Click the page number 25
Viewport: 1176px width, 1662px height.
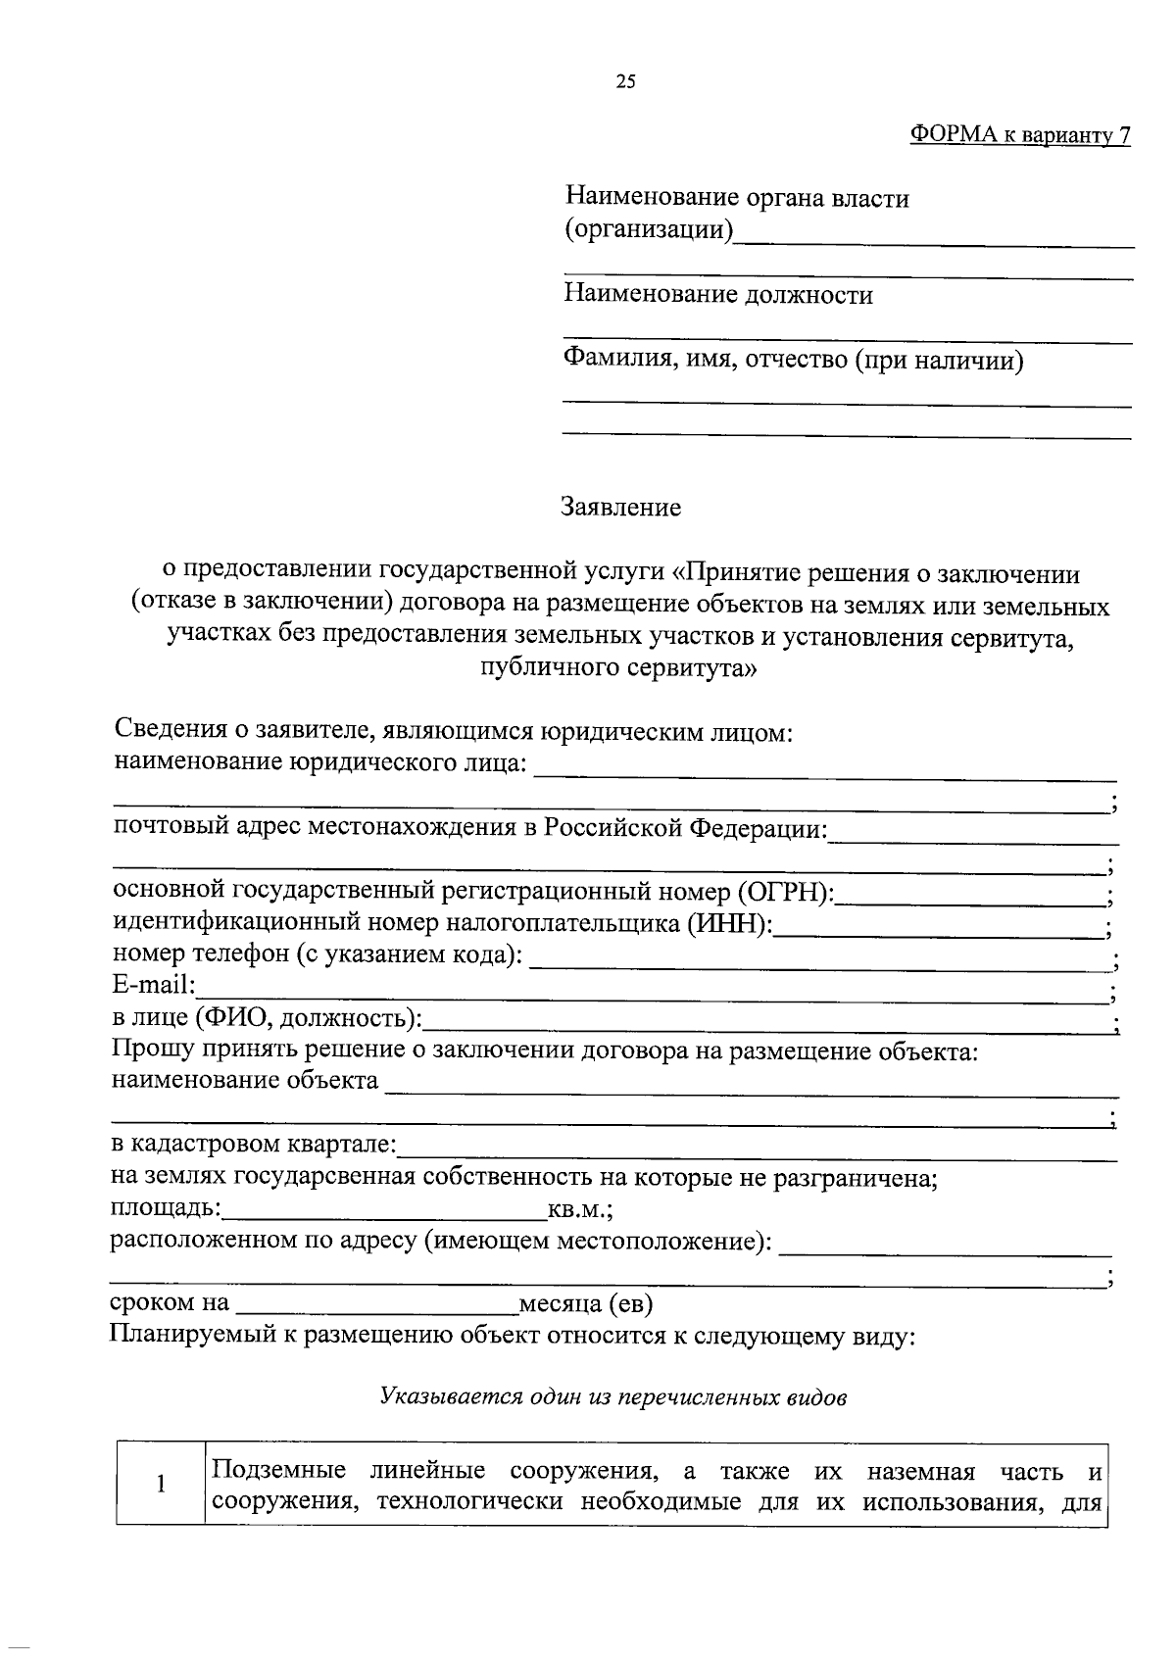point(625,82)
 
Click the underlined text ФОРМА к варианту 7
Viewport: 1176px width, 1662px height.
point(1019,135)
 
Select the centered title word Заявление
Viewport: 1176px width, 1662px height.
point(620,508)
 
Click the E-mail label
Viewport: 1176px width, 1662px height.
point(155,986)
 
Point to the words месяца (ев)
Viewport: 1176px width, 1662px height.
point(585,1304)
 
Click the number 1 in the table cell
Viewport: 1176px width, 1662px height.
point(160,1484)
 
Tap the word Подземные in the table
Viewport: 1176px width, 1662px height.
point(279,1471)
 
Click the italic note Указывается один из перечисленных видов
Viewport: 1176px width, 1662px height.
point(612,1396)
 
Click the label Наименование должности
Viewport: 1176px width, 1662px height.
point(718,295)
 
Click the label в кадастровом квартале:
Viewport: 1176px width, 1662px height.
point(253,1145)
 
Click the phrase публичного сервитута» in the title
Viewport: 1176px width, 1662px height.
point(619,668)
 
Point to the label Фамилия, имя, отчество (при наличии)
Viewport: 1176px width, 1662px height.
point(794,361)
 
